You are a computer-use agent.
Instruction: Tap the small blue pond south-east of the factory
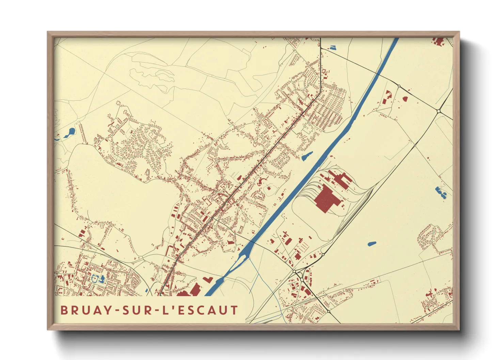point(372,244)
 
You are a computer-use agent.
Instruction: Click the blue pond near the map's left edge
point(70,132)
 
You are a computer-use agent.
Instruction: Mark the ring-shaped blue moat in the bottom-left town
point(95,279)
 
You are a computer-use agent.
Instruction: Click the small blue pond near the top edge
point(332,48)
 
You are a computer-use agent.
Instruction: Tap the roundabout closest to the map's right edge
point(439,111)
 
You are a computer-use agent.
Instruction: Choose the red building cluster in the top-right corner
point(439,42)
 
